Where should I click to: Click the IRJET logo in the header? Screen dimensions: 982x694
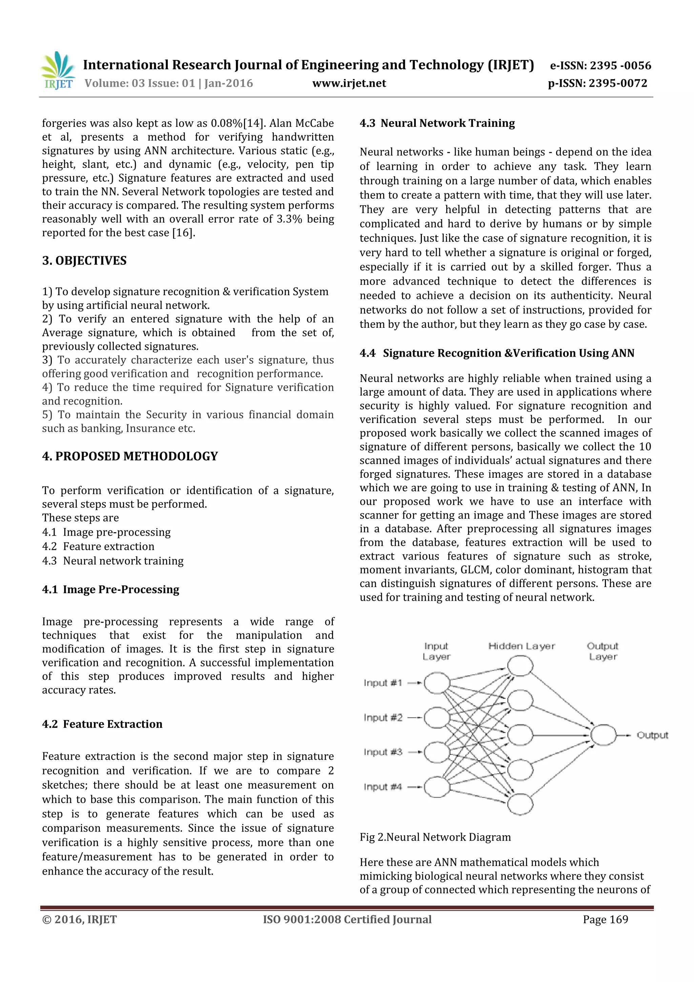pyautogui.click(x=58, y=70)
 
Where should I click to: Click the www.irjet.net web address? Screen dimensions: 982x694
pyautogui.click(x=349, y=83)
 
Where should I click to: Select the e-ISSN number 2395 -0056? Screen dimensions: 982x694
pyautogui.click(x=620, y=65)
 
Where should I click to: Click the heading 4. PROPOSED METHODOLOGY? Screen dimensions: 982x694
pyautogui.click(x=130, y=456)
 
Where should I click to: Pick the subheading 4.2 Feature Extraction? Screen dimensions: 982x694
pyautogui.click(x=102, y=724)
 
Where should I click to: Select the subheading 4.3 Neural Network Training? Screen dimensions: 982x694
pyautogui.click(x=437, y=123)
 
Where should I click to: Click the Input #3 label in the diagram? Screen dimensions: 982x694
pyautogui.click(x=383, y=752)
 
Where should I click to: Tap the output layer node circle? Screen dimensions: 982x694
pyautogui.click(x=603, y=735)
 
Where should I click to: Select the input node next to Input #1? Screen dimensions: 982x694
pyautogui.click(x=436, y=683)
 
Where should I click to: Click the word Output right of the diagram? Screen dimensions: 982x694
pyautogui.click(x=652, y=735)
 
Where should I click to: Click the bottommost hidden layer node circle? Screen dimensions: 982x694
pyautogui.click(x=520, y=804)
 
